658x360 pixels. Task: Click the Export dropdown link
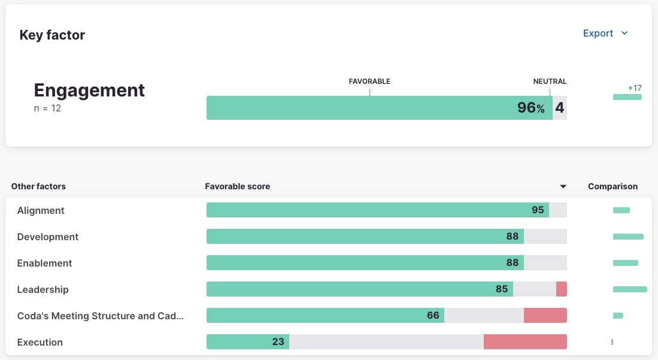tap(605, 34)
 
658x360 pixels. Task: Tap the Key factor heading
tap(52, 35)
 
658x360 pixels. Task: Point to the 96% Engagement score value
tap(530, 108)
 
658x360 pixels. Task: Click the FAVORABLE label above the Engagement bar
tap(369, 81)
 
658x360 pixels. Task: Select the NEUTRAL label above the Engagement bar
tap(550, 81)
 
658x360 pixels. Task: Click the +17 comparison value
tap(635, 88)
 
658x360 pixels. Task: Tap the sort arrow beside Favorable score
tap(563, 187)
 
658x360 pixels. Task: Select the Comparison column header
tap(612, 186)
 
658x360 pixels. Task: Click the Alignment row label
tap(41, 210)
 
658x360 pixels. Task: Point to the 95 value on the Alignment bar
tap(538, 210)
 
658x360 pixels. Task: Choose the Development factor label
tap(48, 237)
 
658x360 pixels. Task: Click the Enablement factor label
tap(44, 263)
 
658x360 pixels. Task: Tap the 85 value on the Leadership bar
tap(502, 289)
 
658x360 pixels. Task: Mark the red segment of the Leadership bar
tap(561, 289)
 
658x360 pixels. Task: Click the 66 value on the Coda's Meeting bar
tap(433, 316)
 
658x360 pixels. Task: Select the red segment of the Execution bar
tap(525, 342)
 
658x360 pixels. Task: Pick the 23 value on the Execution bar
tap(278, 342)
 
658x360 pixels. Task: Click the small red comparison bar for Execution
tap(612, 342)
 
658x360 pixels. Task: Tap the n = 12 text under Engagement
tap(47, 108)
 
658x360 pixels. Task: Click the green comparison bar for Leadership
tap(630, 289)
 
